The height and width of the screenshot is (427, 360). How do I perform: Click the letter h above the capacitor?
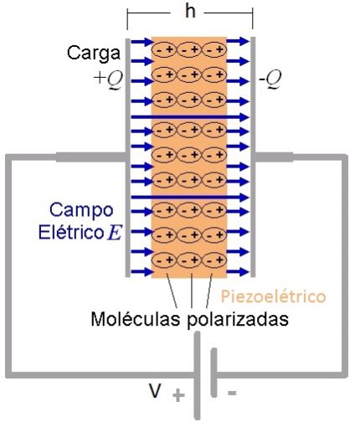[189, 13]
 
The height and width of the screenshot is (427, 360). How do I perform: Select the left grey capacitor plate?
[127, 156]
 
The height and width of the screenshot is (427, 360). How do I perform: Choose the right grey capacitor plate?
[253, 156]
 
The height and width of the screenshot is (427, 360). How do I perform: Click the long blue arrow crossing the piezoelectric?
[189, 198]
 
